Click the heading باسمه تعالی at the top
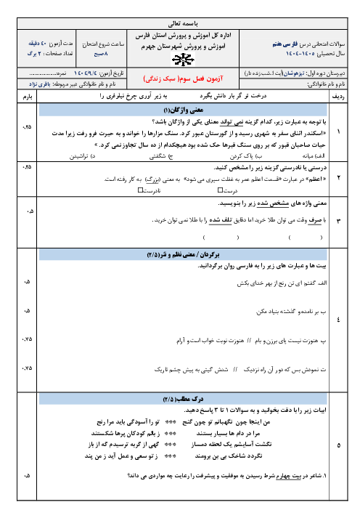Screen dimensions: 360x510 coord(179,23)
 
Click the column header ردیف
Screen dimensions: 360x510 coord(337,95)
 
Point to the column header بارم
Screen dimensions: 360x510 coord(28,95)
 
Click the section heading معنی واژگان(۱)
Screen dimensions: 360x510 coord(180,108)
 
